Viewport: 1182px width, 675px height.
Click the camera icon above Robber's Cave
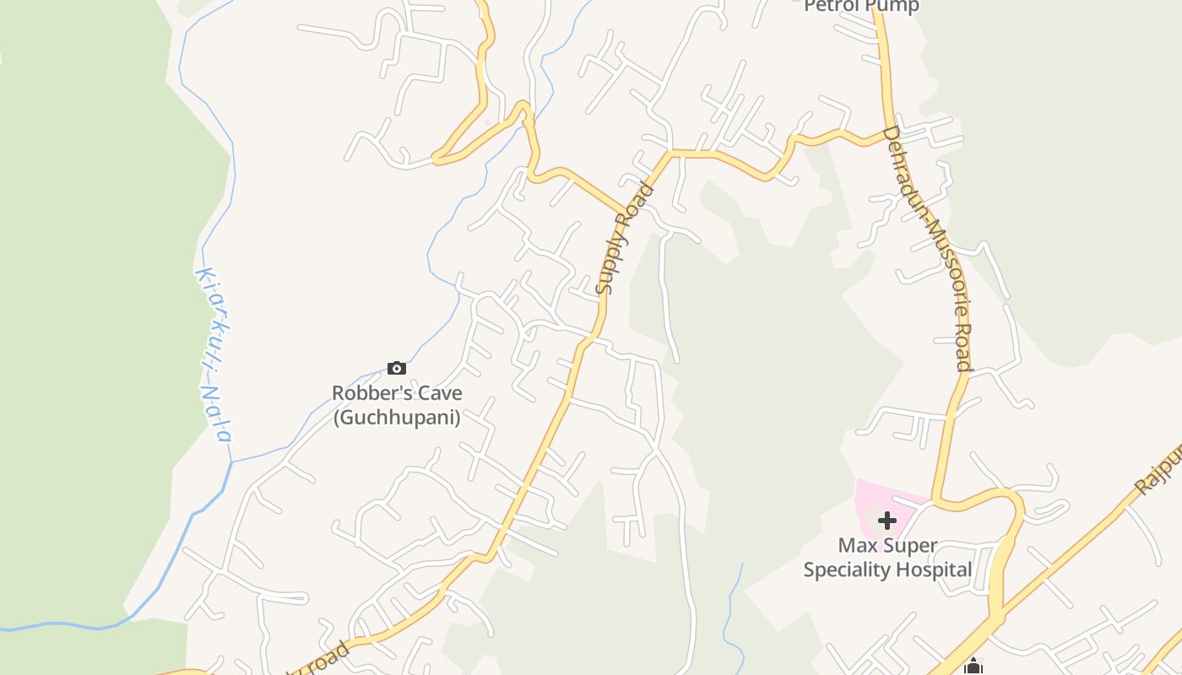tap(396, 368)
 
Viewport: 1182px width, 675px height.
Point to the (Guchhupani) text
tap(397, 417)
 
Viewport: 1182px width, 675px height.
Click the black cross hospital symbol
tap(886, 520)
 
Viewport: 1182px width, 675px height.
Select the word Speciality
tap(845, 570)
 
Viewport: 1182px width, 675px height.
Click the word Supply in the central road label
tap(610, 262)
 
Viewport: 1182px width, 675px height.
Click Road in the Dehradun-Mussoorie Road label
tap(963, 347)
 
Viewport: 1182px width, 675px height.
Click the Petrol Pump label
tap(861, 7)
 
